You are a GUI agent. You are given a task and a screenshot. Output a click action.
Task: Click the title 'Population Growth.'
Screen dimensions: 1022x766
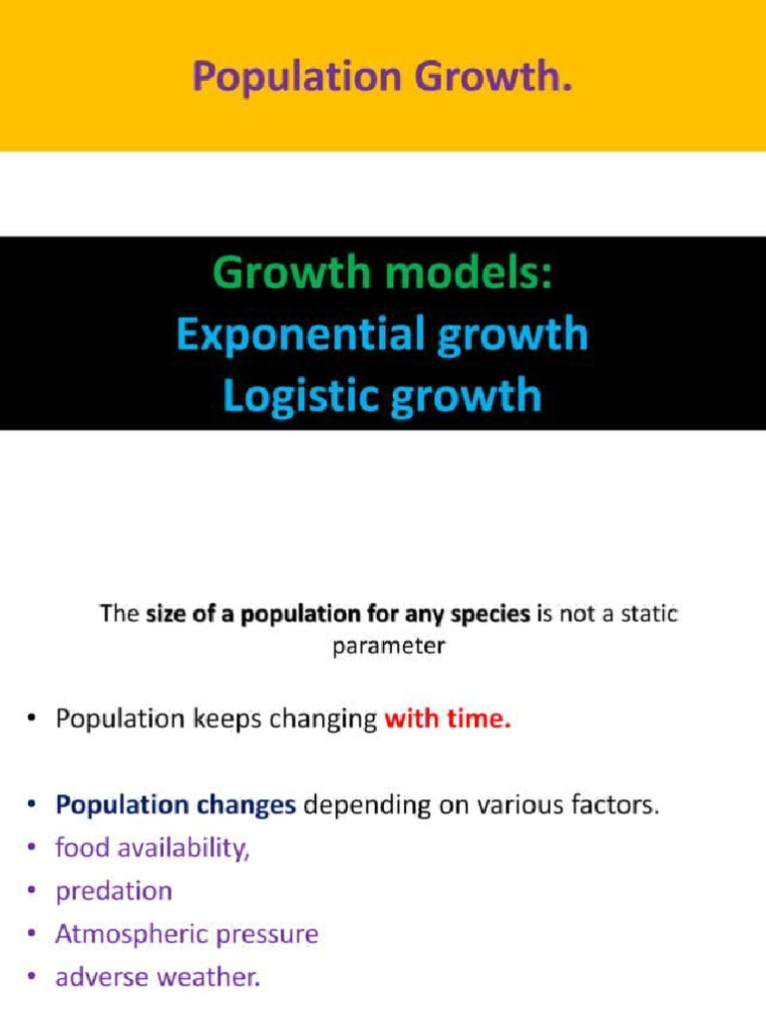coord(383,75)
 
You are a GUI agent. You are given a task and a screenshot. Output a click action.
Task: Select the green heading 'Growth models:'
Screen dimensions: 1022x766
coord(383,272)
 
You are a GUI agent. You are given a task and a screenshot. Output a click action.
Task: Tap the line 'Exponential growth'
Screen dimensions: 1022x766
coord(383,334)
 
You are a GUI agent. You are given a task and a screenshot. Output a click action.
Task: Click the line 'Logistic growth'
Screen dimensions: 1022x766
coord(383,395)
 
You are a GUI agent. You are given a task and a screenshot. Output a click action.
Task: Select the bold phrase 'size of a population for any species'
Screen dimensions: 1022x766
coord(338,614)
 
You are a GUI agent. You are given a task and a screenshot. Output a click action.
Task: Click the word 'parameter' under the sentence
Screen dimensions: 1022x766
coord(388,645)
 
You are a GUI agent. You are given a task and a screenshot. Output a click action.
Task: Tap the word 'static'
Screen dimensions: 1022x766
coord(647,614)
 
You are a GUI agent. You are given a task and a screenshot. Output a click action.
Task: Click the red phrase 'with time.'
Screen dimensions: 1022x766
coord(448,719)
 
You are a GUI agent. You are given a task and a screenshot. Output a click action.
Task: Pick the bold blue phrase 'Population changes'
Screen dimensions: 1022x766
coord(176,805)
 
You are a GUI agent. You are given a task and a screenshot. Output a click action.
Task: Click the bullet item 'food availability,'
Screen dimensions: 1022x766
coord(152,847)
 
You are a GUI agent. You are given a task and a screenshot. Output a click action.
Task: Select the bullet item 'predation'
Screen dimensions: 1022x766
coord(114,890)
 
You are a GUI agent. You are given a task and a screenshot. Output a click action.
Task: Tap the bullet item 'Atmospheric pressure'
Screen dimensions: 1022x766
coord(187,934)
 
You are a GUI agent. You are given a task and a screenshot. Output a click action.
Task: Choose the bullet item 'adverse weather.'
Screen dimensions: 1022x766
coord(158,977)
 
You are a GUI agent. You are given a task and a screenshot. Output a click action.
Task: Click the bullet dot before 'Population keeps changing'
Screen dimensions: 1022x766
coord(34,720)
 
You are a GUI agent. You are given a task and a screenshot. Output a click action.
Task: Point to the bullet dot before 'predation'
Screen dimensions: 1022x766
coord(34,891)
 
